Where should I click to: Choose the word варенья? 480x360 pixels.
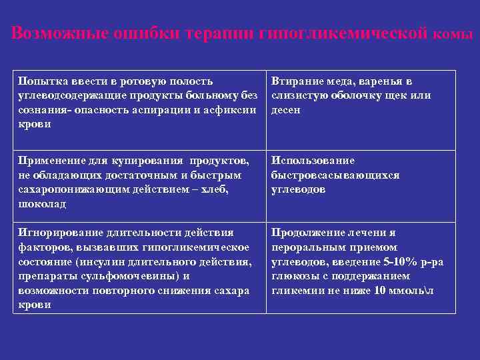coord(377,81)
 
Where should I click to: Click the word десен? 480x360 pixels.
coord(286,109)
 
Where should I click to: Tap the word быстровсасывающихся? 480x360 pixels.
coord(335,175)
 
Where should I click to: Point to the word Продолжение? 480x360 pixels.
coord(307,233)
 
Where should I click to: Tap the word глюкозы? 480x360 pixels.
coord(291,276)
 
